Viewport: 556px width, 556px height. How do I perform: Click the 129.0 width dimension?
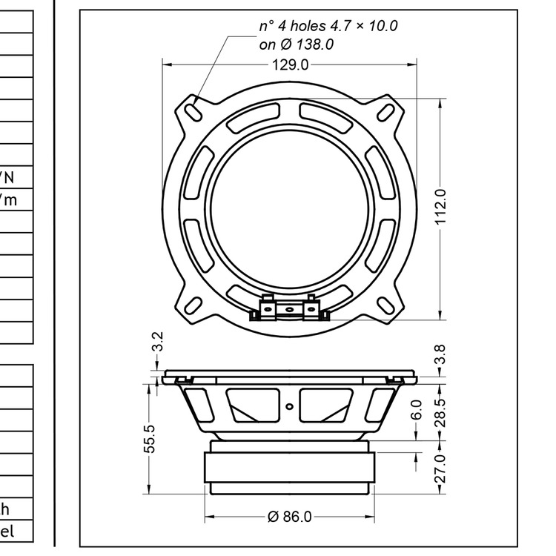[289, 65]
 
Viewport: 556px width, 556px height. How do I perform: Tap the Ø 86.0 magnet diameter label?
[287, 516]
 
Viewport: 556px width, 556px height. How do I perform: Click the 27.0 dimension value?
[440, 469]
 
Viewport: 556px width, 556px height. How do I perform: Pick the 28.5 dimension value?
[440, 412]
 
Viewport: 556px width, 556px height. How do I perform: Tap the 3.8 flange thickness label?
[440, 355]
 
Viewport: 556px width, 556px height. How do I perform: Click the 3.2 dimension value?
[157, 342]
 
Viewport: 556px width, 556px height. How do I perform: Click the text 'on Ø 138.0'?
[297, 44]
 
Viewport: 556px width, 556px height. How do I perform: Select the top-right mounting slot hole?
[385, 110]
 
